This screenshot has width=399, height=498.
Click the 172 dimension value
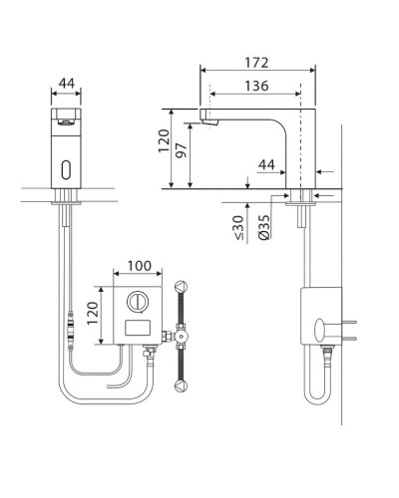coord(256,63)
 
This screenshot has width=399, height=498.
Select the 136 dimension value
coord(256,86)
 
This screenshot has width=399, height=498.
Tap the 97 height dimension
coord(182,150)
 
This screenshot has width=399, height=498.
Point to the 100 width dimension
coord(140,266)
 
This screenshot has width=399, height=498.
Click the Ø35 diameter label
coord(264,227)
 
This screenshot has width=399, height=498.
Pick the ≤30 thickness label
coord(239,227)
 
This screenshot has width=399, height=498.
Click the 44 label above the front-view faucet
coord(67,84)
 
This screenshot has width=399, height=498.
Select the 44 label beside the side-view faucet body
coord(266,164)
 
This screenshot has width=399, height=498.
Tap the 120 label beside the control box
coord(93,313)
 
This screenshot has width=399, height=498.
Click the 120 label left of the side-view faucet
coord(164,141)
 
